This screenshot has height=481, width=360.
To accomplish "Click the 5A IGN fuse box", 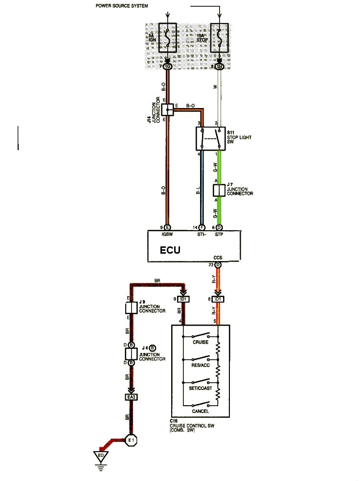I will [x=168, y=38].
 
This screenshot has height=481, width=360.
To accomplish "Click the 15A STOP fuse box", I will [x=219, y=38].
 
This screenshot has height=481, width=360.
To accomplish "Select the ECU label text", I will [x=170, y=251].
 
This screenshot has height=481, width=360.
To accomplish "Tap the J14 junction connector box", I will [x=167, y=109].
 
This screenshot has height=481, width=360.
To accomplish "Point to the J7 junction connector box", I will [x=219, y=190].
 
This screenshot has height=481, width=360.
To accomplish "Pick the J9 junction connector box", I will [x=131, y=308].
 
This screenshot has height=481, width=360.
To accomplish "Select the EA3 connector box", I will [x=131, y=397].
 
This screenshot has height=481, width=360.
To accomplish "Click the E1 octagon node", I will [x=131, y=440].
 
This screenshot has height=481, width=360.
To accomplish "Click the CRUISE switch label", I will [x=200, y=342].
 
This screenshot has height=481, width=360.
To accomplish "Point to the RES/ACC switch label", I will [x=200, y=365].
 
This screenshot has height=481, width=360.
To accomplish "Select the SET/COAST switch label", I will [x=200, y=388].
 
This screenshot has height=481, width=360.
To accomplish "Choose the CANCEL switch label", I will [x=200, y=411].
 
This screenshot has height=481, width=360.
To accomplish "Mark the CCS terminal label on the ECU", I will [x=218, y=257].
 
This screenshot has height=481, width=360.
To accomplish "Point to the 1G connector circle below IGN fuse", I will [x=167, y=66].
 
